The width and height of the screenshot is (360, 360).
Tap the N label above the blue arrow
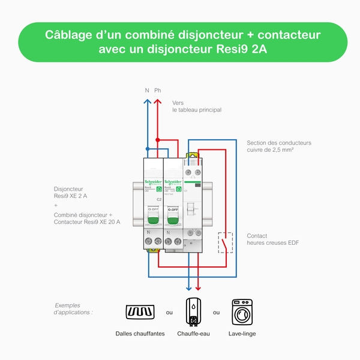[147, 91]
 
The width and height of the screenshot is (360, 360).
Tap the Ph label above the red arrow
[158, 91]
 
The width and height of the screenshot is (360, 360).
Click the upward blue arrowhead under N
[147, 101]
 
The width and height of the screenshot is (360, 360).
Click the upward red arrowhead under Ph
[158, 101]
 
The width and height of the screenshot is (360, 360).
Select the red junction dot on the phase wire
[158, 140]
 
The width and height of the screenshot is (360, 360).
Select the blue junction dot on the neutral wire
[147, 146]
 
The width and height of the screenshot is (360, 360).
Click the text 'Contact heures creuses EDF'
[272, 239]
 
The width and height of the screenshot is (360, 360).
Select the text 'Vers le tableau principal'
[196, 106]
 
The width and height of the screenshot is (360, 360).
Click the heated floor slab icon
[140, 312]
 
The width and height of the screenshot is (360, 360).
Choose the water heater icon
[193, 311]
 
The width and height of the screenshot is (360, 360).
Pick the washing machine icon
[244, 311]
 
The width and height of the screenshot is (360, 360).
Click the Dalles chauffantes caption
[140, 334]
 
